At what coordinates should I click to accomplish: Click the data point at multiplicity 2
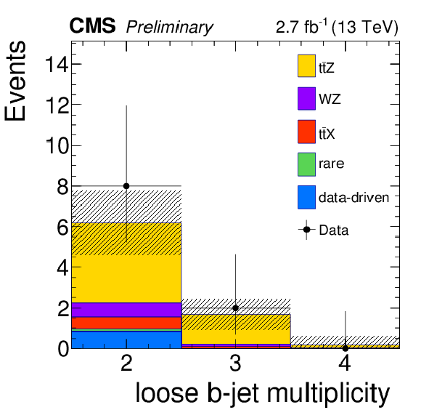(126, 186)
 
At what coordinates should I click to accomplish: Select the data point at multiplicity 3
(235, 308)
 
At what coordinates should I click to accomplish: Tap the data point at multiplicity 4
(346, 348)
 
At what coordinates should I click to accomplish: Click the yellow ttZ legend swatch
(306, 66)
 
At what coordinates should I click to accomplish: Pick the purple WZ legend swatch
(306, 98)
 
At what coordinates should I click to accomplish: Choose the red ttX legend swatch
(306, 132)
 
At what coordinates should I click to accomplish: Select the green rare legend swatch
(306, 164)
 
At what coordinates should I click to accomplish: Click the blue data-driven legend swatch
(306, 197)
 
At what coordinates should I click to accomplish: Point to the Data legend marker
(306, 230)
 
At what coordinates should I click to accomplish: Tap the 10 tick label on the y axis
(57, 146)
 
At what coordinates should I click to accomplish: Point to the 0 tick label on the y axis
(63, 349)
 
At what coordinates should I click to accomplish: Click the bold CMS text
(92, 26)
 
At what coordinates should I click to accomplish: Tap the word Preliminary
(170, 28)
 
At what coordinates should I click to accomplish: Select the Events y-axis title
(15, 81)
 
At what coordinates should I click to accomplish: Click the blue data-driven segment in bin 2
(126, 339)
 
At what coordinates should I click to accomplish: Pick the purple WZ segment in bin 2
(126, 310)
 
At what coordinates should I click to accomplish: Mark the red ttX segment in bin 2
(126, 323)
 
